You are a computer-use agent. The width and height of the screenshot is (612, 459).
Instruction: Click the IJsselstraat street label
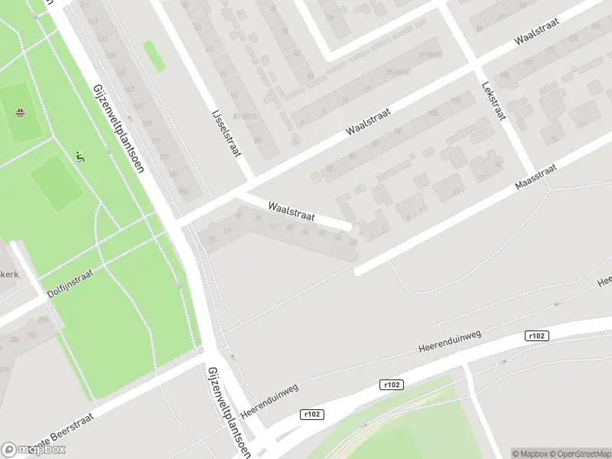click(x=226, y=132)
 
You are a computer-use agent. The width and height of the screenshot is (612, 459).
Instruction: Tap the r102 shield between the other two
click(x=391, y=385)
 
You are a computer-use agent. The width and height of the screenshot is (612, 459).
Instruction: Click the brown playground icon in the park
click(x=21, y=115)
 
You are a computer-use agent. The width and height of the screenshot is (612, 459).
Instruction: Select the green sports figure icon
click(x=80, y=158)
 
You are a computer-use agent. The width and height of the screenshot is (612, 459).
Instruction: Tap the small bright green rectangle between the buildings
click(x=154, y=56)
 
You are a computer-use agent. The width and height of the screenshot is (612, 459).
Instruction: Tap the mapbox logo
click(x=34, y=450)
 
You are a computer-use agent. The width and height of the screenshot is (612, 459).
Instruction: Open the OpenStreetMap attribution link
click(x=576, y=454)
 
